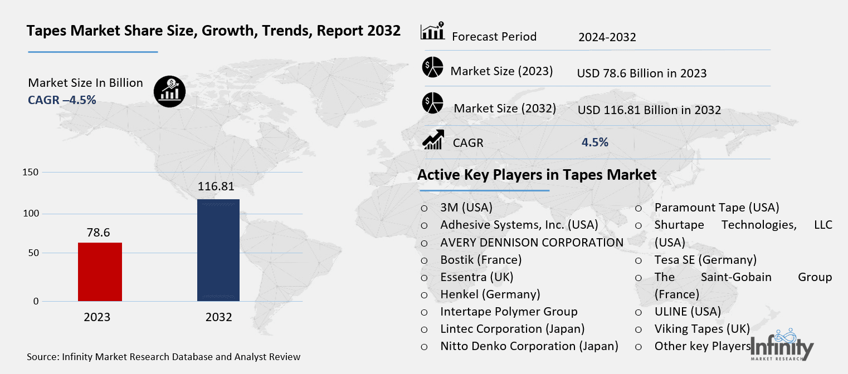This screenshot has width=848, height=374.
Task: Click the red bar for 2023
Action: coord(100,272)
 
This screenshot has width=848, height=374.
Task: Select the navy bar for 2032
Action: coord(218,250)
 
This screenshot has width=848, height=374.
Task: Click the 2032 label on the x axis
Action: coord(218,318)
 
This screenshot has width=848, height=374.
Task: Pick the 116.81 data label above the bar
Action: coord(216,186)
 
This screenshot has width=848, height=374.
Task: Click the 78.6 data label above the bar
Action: coord(99,231)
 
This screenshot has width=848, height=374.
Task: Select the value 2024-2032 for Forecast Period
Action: coord(607,37)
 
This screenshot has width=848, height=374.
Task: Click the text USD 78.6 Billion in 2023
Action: coord(642,73)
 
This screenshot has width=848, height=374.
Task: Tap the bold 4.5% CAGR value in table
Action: coord(594,142)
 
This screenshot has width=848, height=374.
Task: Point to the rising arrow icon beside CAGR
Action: coord(433,140)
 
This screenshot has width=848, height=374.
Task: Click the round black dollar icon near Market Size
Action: coord(169,90)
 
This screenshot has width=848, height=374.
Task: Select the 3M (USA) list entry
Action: coord(466,208)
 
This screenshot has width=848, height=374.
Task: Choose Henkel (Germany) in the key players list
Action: coord(490,294)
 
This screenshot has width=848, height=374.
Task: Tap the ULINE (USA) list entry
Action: coord(688,311)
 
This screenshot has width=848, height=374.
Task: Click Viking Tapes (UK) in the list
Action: coord(702,328)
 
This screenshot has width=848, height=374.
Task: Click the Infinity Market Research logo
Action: coord(782,346)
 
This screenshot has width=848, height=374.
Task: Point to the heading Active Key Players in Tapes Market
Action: coord(537,175)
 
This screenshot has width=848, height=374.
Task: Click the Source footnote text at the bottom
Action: coord(163,357)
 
